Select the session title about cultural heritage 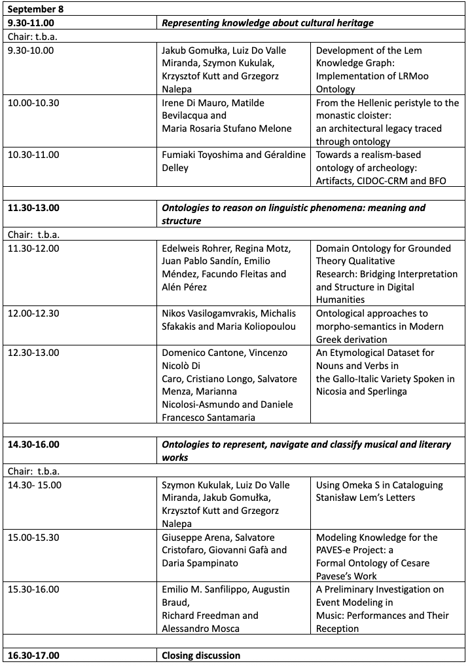[267, 23]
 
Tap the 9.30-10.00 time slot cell [31, 50]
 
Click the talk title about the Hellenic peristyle [388, 122]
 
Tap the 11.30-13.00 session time [33, 208]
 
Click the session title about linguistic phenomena [293, 214]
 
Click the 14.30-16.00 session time [33, 444]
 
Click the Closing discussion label [201, 656]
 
